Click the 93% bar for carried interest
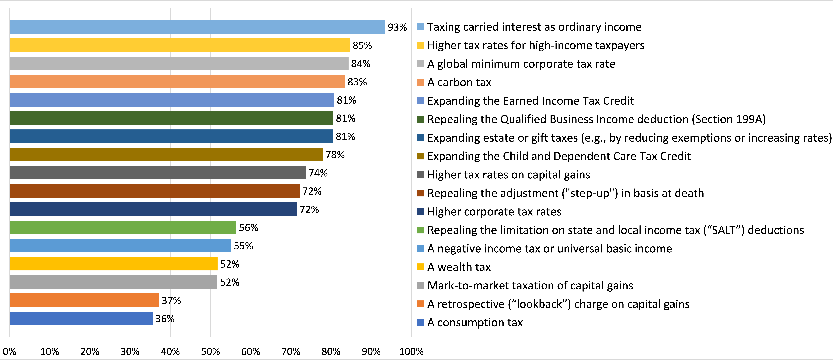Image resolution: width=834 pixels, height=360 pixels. tap(197, 27)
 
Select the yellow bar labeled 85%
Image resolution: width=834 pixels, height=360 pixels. tap(180, 45)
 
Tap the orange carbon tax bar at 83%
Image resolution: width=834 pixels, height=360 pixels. tap(177, 82)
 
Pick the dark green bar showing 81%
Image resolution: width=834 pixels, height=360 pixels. tap(171, 118)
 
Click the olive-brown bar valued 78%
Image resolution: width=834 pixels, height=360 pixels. tap(166, 154)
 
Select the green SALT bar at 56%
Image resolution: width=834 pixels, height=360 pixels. tap(123, 227)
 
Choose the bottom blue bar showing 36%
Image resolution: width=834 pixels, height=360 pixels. tap(81, 318)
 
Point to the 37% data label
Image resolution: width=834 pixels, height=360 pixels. tap(171, 300)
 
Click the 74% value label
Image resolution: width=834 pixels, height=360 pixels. tap(318, 173)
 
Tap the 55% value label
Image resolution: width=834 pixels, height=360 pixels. tap(243, 246)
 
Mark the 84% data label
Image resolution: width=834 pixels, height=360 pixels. tap(361, 63)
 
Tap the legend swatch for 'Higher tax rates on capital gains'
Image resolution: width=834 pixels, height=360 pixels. tap(421, 175)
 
